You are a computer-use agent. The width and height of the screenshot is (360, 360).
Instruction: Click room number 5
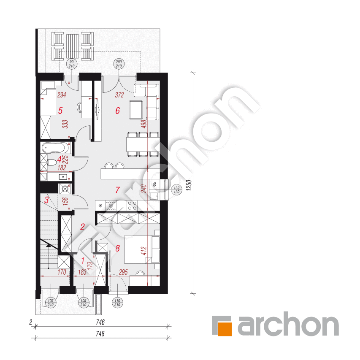(x=60, y=111)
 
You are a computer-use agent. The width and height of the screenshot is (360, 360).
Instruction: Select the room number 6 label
(x=118, y=111)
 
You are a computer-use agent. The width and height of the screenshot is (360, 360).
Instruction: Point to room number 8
(x=118, y=248)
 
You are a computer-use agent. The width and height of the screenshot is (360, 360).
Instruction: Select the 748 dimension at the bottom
(x=100, y=333)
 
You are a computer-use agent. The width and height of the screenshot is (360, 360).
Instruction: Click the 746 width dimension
(x=100, y=322)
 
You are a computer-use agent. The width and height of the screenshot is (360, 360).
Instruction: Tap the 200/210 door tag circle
(x=118, y=64)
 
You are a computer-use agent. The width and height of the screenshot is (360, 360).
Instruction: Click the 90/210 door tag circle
(x=71, y=64)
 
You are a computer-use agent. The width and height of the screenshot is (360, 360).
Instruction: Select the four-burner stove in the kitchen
(x=131, y=206)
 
